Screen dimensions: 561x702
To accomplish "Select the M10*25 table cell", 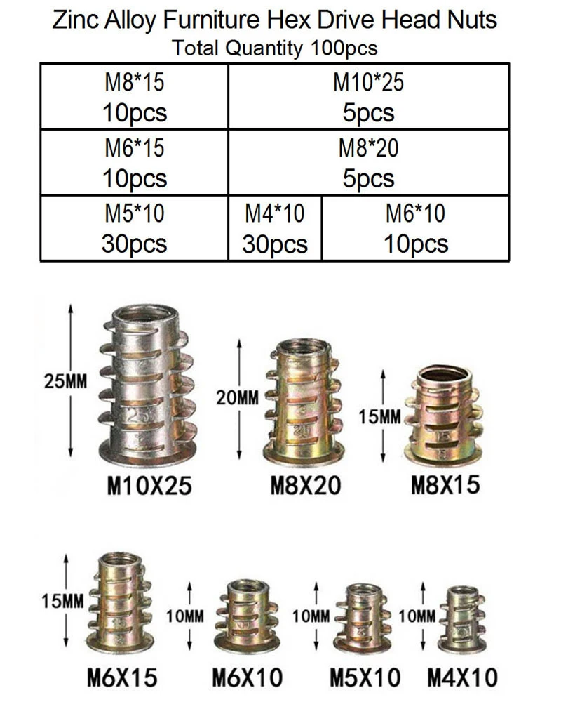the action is coord(369,96).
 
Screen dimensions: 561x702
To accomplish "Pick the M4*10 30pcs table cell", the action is coord(275,228).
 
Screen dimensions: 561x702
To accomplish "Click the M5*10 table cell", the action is coord(134,228).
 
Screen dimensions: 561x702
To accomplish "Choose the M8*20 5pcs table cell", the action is coord(369,163).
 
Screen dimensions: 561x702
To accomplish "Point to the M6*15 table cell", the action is coord(134,163).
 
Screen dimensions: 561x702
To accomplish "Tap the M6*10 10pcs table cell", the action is coord(416,228).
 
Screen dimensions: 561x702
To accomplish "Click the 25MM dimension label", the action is coord(65,381).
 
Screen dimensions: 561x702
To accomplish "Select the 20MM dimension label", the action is coord(238,397).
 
